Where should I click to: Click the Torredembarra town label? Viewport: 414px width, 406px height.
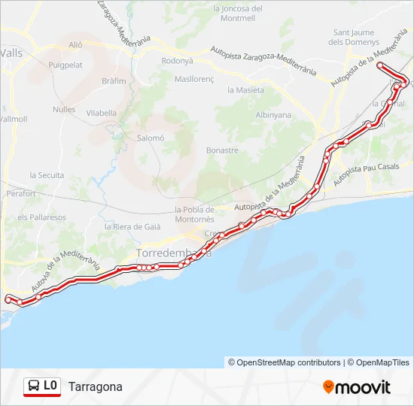172,253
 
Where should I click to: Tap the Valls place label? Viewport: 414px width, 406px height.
12,53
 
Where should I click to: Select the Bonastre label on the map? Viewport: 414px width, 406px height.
222,150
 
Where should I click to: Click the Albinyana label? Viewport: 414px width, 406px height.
273,115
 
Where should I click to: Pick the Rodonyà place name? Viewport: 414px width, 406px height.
178,60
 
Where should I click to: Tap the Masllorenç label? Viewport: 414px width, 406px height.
196,78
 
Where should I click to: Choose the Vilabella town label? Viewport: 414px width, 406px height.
102,113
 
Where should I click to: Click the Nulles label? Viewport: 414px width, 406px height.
65,109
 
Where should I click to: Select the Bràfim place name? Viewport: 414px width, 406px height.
114,80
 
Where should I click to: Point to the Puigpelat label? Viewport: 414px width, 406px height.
65,65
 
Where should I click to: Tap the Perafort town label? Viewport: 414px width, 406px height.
20,193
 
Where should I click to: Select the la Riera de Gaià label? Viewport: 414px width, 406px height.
129,226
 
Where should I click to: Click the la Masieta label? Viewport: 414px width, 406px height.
245,89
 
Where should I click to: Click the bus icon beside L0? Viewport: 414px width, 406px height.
34,386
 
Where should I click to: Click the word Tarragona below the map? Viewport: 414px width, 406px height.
95,386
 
